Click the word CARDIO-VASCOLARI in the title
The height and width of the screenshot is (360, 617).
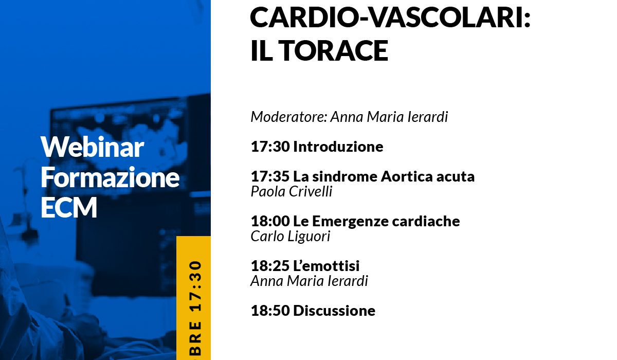coord(390,17)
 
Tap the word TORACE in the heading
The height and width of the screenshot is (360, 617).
coord(335,50)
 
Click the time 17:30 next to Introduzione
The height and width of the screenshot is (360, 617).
coord(270,147)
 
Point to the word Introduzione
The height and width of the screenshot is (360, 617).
coord(338,147)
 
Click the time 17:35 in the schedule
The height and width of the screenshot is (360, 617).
coord(270,176)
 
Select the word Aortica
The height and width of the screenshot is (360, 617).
coord(407,176)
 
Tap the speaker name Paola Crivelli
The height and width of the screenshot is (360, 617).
coord(292,191)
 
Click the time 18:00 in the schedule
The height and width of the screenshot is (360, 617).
coord(270,221)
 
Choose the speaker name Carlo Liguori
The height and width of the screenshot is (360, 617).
coord(291,237)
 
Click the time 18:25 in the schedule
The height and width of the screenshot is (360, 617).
coord(270,266)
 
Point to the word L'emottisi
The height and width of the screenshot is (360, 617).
coord(326,266)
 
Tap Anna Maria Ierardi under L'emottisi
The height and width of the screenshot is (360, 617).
coord(310,281)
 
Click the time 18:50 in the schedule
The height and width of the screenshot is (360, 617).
coord(270,311)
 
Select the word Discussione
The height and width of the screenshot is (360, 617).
coord(334,311)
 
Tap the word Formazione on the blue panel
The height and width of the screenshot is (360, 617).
coord(110,177)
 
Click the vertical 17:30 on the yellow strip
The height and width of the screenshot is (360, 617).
coord(196,286)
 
